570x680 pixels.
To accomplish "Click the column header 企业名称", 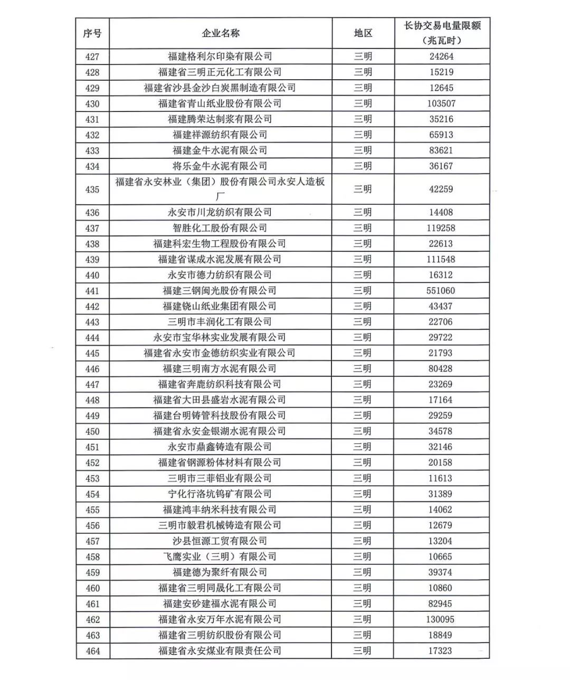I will point(221,33).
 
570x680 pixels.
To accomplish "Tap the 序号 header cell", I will point(92,33).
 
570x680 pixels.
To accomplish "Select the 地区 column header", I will point(363,33).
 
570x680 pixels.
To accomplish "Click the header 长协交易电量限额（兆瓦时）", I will point(442,33).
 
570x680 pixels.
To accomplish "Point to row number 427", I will point(92,56).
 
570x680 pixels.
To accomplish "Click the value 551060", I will point(441,290).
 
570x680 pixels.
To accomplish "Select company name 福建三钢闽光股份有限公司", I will point(220,290).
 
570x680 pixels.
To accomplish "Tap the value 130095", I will point(441,619).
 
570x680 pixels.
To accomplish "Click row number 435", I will point(92,189).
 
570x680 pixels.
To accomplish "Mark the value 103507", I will point(441,103).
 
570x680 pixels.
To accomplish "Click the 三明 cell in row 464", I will point(363,651).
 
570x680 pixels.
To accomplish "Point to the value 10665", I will point(441,556).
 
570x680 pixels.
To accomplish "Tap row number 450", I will point(92,431).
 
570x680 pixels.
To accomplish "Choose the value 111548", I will point(441,259).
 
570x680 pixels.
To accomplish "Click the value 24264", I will point(441,56).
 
